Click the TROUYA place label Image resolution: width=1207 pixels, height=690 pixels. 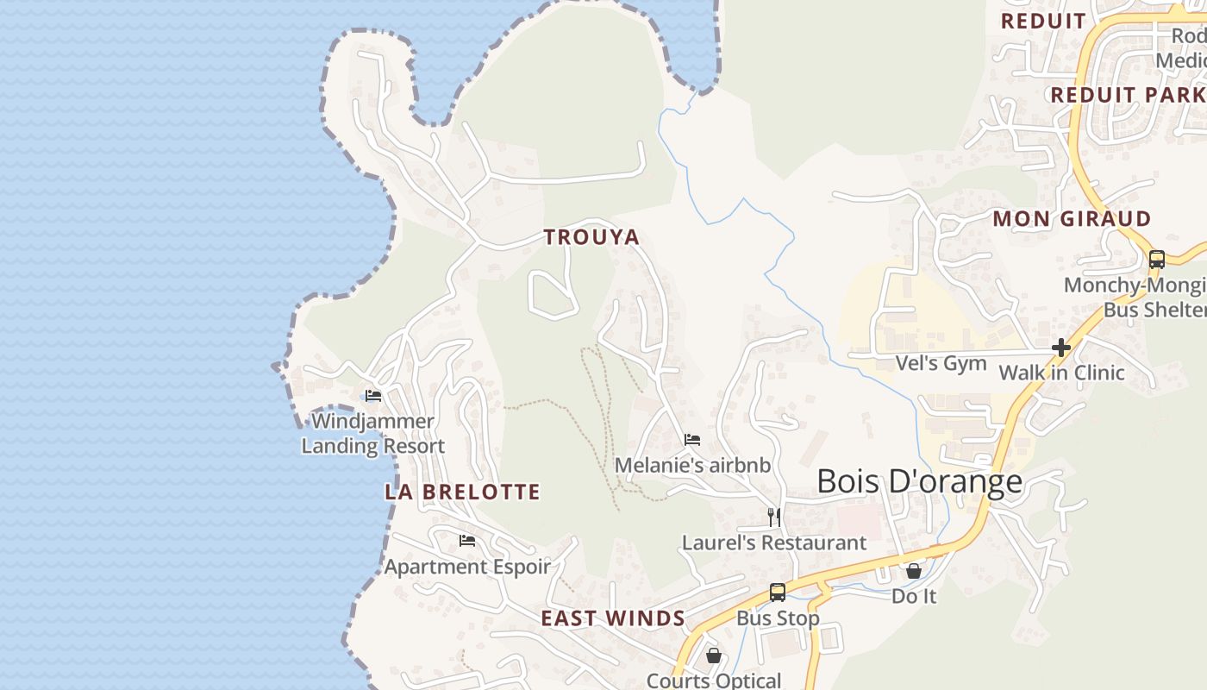[x=591, y=237]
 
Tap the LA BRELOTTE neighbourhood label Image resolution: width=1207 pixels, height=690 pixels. [x=462, y=492]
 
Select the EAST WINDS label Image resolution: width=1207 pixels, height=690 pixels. [x=613, y=618]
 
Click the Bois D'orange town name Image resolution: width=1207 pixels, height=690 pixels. [x=919, y=481]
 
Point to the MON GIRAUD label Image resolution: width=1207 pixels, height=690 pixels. [x=1072, y=219]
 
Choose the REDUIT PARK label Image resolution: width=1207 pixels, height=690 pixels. [x=1126, y=95]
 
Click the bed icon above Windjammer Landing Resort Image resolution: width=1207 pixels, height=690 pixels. [x=373, y=396]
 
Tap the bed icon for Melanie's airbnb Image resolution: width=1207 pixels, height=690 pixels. [x=691, y=440]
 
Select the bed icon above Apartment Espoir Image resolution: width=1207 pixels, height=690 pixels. [x=467, y=541]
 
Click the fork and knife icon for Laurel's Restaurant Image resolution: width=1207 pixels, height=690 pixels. [x=774, y=517]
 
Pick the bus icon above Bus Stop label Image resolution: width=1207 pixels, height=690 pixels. [x=777, y=593]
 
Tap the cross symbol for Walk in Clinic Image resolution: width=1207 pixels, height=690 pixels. [x=1061, y=348]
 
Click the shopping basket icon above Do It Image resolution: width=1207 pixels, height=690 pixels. [x=914, y=570]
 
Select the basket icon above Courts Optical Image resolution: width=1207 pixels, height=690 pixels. [x=713, y=655]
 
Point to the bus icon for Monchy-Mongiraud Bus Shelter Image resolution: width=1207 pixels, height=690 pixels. [x=1157, y=259]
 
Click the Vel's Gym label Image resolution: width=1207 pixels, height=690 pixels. [x=941, y=363]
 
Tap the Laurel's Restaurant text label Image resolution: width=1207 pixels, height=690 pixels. [x=773, y=543]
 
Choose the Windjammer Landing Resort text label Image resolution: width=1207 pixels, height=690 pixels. [x=372, y=434]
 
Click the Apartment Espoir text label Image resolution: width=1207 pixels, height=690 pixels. [x=466, y=567]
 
